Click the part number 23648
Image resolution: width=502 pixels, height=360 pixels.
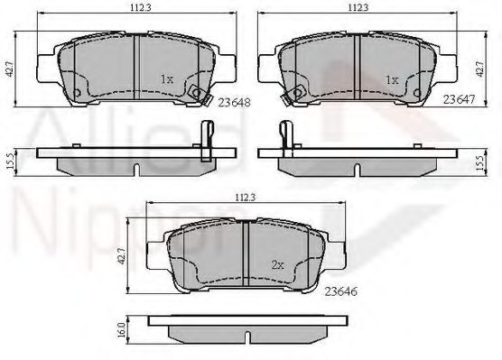click(x=234, y=103)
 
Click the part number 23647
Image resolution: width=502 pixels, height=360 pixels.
click(x=459, y=100)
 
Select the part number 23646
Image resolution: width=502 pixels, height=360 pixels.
click(x=341, y=291)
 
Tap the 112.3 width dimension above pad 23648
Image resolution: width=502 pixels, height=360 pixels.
click(x=136, y=9)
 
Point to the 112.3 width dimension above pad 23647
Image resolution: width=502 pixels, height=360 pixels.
click(x=358, y=8)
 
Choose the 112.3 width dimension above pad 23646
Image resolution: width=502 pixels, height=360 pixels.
click(x=246, y=198)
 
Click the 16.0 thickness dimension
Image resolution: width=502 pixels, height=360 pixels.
click(x=121, y=329)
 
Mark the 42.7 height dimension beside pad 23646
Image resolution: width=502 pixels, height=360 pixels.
click(x=121, y=256)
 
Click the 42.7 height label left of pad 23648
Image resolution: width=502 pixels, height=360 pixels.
click(x=10, y=69)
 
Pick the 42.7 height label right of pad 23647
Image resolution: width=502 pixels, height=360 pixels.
click(x=479, y=69)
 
